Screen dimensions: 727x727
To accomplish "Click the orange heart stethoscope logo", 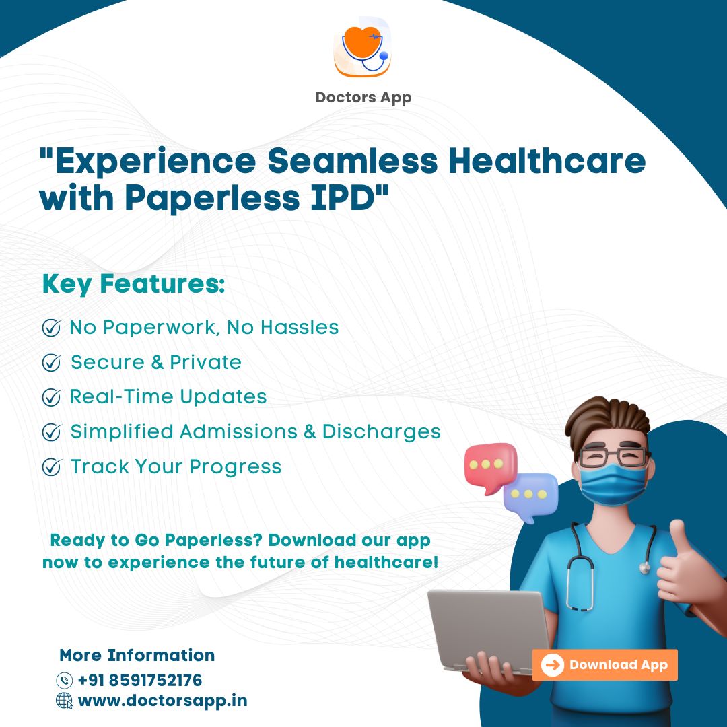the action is [x=363, y=47].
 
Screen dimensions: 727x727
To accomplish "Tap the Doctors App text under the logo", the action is [x=363, y=98].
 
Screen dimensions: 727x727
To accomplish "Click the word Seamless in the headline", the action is [x=352, y=161].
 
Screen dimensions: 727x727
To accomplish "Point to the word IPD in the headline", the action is [x=343, y=198].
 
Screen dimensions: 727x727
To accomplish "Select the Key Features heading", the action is [x=133, y=284].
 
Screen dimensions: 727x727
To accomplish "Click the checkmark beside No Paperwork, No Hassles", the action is [x=51, y=328].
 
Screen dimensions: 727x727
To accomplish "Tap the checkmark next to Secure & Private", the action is [x=51, y=363].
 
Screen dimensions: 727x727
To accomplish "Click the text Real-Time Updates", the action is [x=168, y=397].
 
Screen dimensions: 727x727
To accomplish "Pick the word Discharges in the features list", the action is [x=382, y=432].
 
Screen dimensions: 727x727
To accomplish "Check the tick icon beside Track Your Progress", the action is [x=51, y=467].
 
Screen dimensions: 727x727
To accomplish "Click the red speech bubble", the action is [x=490, y=467].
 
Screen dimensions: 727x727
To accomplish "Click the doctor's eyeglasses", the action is [x=613, y=456].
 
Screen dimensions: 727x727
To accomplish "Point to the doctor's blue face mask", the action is [x=613, y=485].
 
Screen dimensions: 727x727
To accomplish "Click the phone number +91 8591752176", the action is [x=140, y=680].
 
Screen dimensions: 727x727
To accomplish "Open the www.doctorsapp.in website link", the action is [x=163, y=701].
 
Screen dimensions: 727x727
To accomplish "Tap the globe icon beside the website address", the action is [x=65, y=701].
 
